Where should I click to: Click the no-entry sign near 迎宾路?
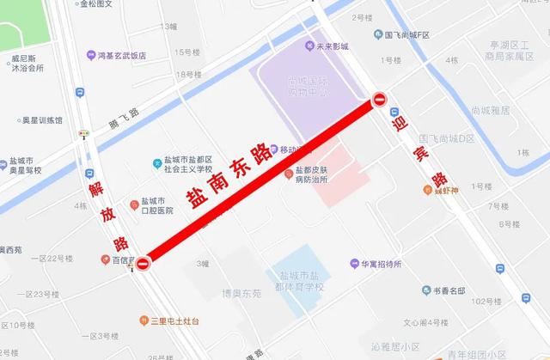(x=381, y=100)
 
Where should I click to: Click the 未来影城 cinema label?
(x=336, y=45)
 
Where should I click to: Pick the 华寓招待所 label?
(x=382, y=265)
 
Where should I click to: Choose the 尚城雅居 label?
(x=490, y=111)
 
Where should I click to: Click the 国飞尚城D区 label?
(x=447, y=138)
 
